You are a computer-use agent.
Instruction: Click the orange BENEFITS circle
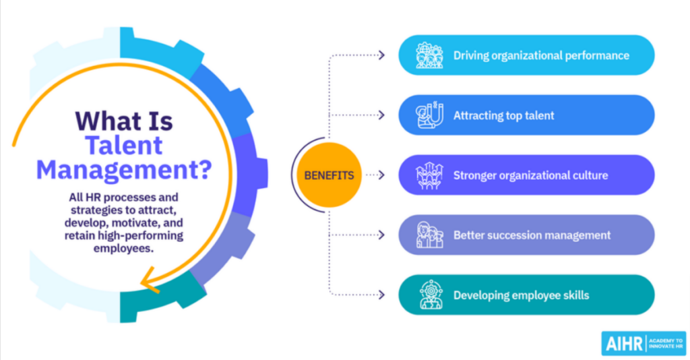[x=329, y=175]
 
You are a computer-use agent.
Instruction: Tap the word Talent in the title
[x=123, y=145]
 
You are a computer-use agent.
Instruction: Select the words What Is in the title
[x=124, y=121]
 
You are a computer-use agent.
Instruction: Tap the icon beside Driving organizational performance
[x=429, y=55]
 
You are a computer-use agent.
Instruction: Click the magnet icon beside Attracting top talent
[x=429, y=115]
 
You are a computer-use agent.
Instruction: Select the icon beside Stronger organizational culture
[x=429, y=175]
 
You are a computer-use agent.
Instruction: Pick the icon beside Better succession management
[x=429, y=235]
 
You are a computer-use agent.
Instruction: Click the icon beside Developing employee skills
[x=429, y=295]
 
